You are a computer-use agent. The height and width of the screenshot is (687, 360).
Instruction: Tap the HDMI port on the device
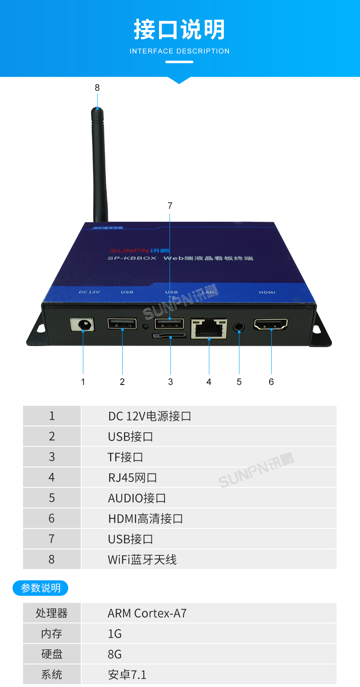(x=271, y=324)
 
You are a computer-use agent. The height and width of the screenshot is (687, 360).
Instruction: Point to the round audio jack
(x=239, y=326)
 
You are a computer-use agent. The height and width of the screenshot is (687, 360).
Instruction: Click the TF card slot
(x=169, y=336)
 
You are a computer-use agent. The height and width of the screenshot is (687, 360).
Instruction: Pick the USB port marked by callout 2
(x=122, y=323)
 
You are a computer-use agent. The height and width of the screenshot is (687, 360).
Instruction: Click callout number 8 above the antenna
(x=97, y=88)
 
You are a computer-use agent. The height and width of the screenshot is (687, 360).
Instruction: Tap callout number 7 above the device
(x=170, y=206)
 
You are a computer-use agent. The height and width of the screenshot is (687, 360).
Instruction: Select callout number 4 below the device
(x=209, y=382)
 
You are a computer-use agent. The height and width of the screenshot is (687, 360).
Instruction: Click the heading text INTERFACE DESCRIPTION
(x=180, y=51)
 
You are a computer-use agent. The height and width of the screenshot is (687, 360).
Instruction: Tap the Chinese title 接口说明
(x=180, y=30)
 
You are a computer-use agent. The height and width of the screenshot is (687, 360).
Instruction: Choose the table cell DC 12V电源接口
(x=149, y=416)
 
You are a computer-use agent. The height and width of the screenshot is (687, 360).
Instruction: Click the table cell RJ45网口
(x=132, y=478)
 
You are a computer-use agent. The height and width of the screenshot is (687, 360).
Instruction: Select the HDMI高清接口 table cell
(x=145, y=519)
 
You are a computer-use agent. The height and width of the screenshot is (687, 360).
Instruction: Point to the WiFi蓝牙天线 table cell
(x=142, y=560)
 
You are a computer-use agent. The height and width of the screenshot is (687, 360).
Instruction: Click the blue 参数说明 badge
(x=41, y=588)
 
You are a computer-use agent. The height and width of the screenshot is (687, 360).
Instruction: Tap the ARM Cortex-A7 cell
(x=147, y=613)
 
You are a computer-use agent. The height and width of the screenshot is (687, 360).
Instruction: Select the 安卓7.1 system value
(x=127, y=675)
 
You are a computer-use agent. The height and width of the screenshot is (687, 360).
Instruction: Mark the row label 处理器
(x=51, y=613)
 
